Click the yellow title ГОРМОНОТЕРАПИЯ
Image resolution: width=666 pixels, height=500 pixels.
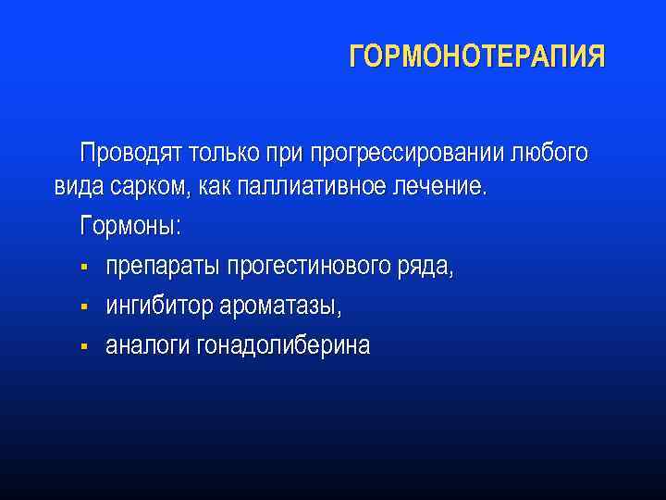tap(477, 57)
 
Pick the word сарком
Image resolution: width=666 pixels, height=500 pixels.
tap(149, 187)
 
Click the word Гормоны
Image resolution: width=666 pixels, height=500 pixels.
tap(131, 227)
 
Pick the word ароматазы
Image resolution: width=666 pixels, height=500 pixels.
tap(278, 306)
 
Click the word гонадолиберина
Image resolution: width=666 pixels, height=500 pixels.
tap(284, 345)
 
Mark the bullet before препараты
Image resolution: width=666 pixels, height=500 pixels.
tap(83, 269)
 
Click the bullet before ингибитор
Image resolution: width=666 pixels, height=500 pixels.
tap(83, 306)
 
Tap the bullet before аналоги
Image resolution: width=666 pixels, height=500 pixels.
tap(83, 346)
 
